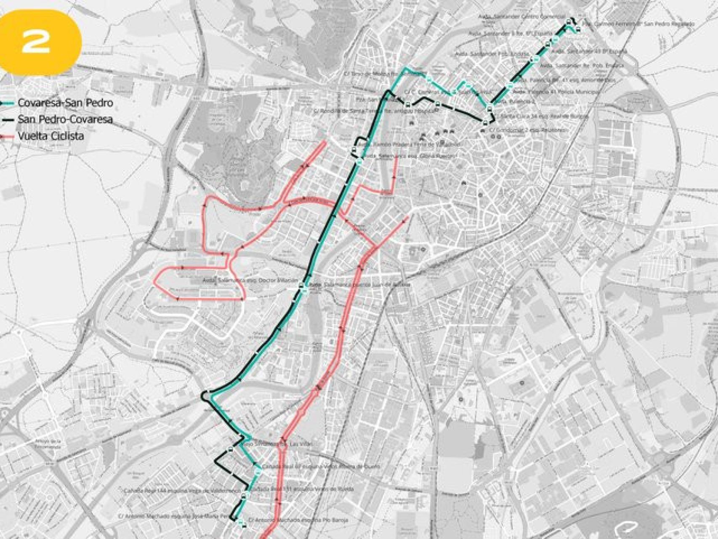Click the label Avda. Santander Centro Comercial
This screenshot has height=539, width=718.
tap(522, 16)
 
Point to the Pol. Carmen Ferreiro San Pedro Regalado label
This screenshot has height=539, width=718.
tap(639, 24)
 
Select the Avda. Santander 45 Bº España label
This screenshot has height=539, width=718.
tap(589, 51)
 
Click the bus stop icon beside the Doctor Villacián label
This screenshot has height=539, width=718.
tap(302, 288)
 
